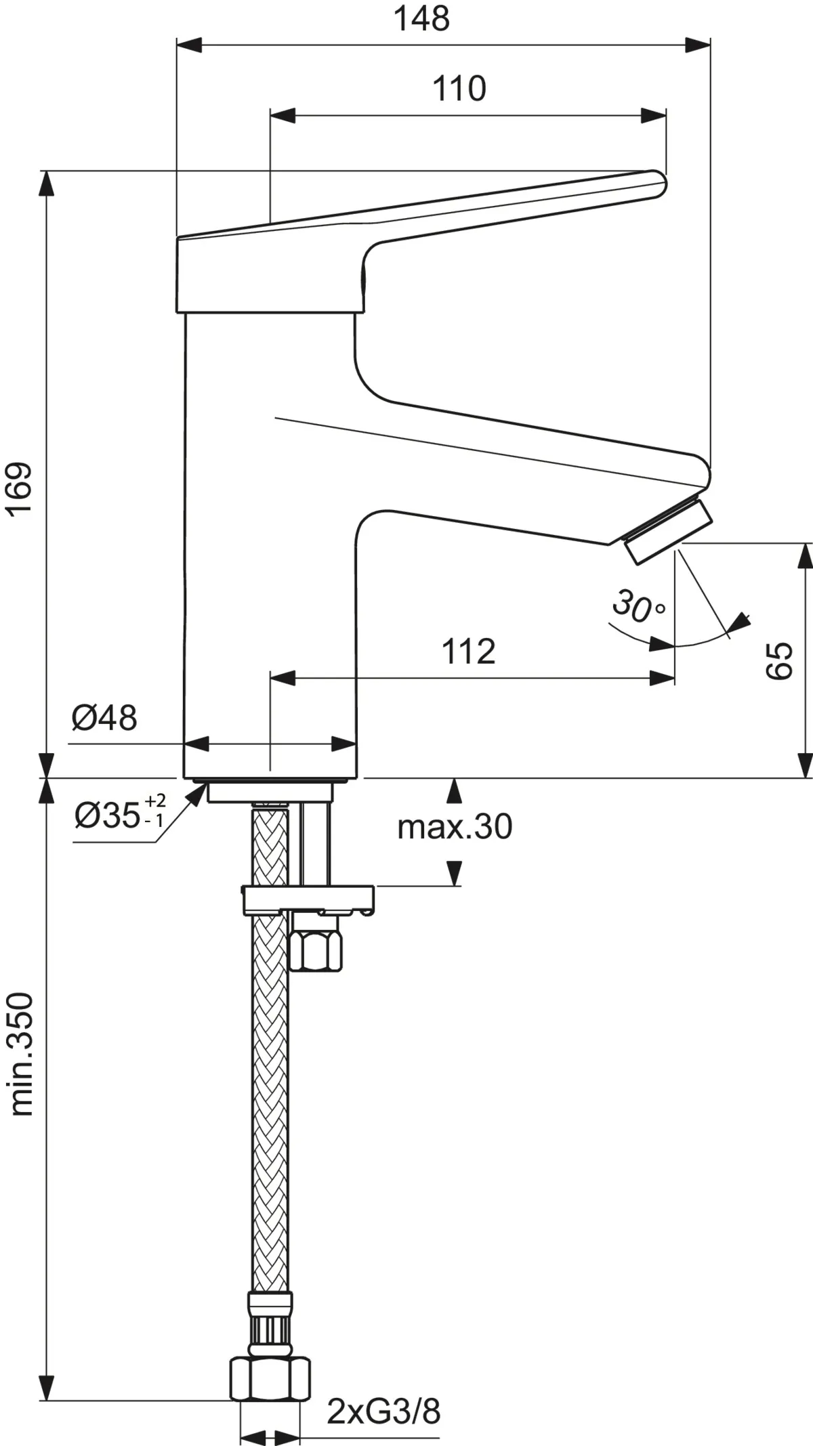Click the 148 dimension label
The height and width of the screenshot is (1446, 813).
421,18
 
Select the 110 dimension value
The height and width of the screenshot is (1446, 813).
459,89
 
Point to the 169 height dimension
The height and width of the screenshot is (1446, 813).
20,488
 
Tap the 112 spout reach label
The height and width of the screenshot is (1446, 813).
469,652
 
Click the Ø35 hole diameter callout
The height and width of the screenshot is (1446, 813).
119,814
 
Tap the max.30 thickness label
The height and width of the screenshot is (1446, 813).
455,827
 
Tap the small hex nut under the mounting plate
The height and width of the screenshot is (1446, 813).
316,950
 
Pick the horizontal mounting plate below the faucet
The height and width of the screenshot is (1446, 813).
308,898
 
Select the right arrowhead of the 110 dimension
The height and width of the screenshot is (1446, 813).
653,116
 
